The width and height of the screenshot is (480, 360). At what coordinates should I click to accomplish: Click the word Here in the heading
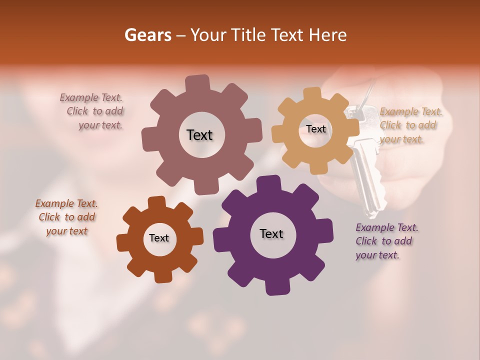328,35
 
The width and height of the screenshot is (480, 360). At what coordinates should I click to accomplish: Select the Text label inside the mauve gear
199,135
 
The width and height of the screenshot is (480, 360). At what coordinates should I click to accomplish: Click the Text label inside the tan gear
315,129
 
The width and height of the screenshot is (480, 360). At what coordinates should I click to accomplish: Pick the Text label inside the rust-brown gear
159,238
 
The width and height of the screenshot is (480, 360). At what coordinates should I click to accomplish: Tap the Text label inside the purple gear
271,234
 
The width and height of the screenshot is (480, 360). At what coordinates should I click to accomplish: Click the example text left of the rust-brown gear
66,217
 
